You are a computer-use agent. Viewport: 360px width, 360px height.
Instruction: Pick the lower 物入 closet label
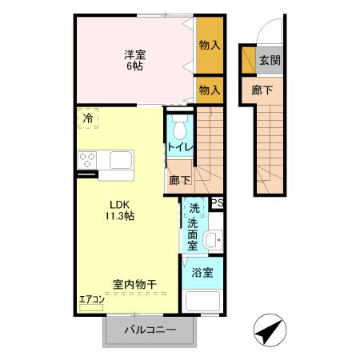209,89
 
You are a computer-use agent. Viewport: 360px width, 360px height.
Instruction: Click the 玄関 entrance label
269,61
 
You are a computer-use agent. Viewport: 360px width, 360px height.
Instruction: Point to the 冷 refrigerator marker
86,119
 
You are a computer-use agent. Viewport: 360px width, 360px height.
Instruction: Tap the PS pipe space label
217,203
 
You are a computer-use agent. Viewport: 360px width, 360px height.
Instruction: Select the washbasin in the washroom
211,239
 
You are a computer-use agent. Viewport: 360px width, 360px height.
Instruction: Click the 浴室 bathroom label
202,272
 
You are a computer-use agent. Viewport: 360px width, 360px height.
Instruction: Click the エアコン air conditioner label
91,301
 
